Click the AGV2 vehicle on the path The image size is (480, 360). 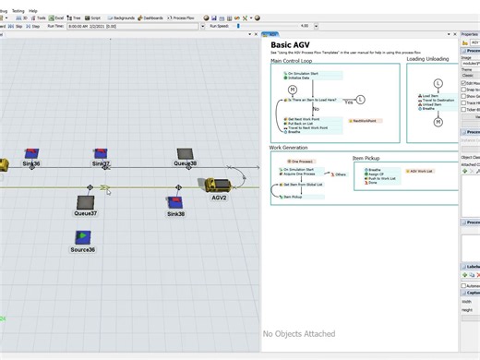click(217, 185)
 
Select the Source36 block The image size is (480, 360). click(83, 238)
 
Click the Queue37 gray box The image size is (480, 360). click(86, 202)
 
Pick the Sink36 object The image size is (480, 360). click(31, 153)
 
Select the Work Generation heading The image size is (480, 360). click(289, 148)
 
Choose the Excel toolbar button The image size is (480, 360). click(57, 18)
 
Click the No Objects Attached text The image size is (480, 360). click(298, 334)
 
